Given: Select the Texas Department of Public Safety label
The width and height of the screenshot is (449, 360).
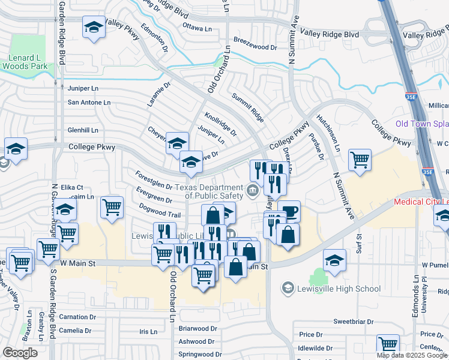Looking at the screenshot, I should point(214,191).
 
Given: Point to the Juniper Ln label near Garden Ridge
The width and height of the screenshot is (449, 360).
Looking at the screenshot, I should point(83,88).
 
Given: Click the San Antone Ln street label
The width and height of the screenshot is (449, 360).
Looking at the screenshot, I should point(89,102).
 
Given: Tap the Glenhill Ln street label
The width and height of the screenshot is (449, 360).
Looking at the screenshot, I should point(83,130).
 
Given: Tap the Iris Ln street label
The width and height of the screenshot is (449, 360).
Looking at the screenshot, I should point(148,331).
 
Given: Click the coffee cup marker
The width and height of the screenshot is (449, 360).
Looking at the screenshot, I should point(289,212).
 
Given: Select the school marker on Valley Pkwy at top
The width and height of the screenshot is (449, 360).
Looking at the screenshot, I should point(94,28).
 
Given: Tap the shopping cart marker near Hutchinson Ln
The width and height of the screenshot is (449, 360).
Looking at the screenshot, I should point(359,160).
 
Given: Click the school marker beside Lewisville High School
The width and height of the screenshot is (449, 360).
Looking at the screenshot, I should point(334,260).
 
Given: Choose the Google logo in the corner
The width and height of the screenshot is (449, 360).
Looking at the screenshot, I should point(20,352).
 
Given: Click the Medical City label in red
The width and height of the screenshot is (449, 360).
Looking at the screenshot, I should point(421,202).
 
